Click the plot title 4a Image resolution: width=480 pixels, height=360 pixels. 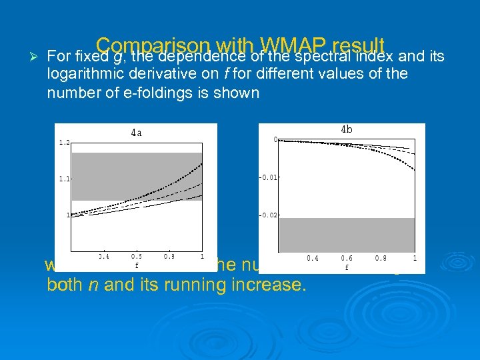pyautogui.click(x=135, y=133)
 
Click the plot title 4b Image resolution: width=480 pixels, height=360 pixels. pyautogui.click(x=347, y=130)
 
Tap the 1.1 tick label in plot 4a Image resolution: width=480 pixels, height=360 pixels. pyautogui.click(x=65, y=179)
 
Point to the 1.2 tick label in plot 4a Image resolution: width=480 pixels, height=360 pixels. pyautogui.click(x=65, y=142)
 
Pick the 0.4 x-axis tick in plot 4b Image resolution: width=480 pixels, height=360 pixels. pyautogui.click(x=312, y=258)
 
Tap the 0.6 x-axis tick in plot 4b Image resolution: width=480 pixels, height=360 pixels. pyautogui.click(x=347, y=258)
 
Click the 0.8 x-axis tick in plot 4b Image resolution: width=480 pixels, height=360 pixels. pyautogui.click(x=381, y=258)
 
